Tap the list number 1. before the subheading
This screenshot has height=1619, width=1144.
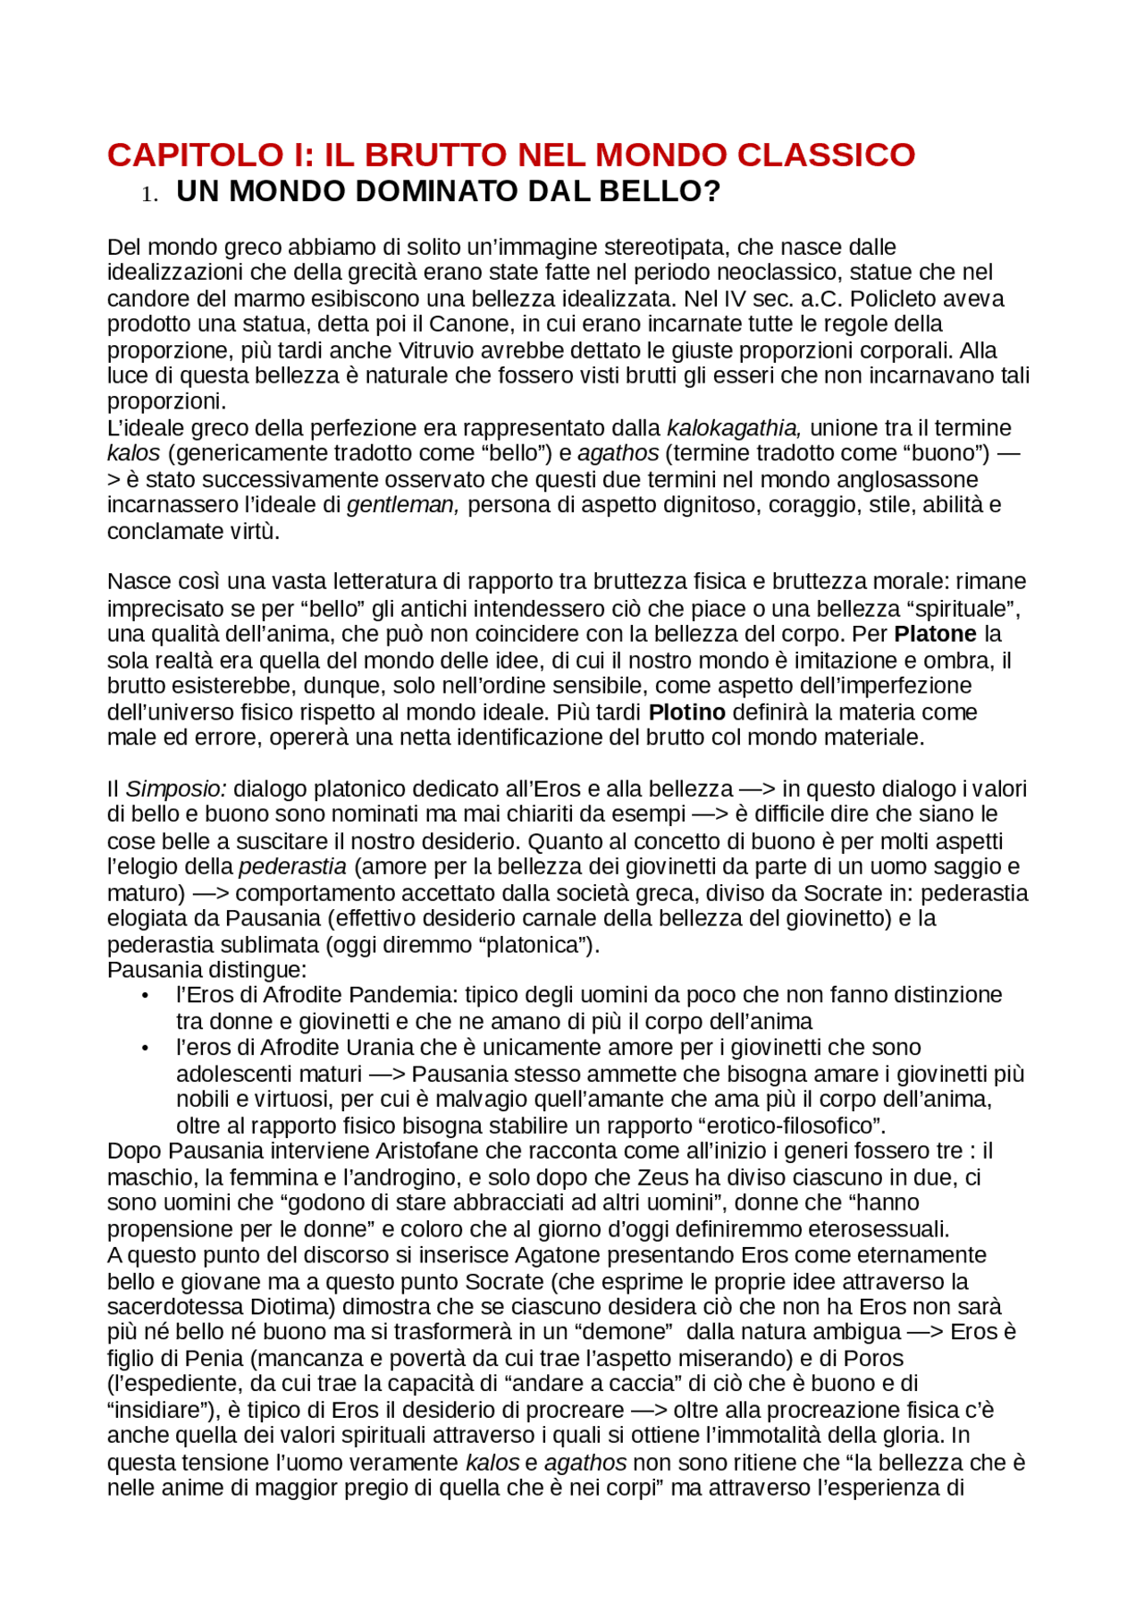click(x=149, y=194)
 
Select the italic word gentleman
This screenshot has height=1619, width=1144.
click(x=402, y=505)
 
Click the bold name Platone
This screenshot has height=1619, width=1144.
click(x=935, y=635)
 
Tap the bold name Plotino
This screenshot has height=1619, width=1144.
click(x=686, y=713)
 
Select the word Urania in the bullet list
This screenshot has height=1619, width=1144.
click(x=381, y=1048)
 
